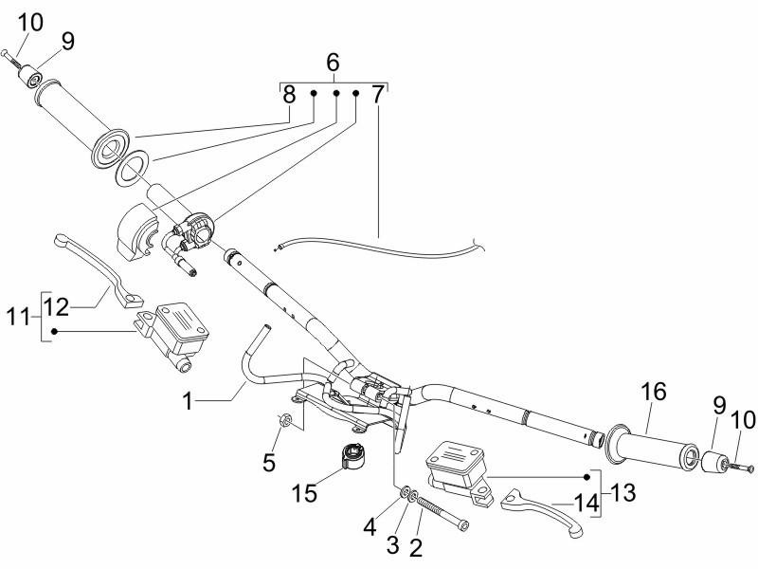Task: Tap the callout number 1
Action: point(189,401)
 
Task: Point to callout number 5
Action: point(270,464)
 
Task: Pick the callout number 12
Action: point(56,307)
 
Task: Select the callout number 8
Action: point(290,94)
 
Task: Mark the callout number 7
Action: point(378,94)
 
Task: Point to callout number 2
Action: point(414,547)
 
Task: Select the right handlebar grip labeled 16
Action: point(654,446)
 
